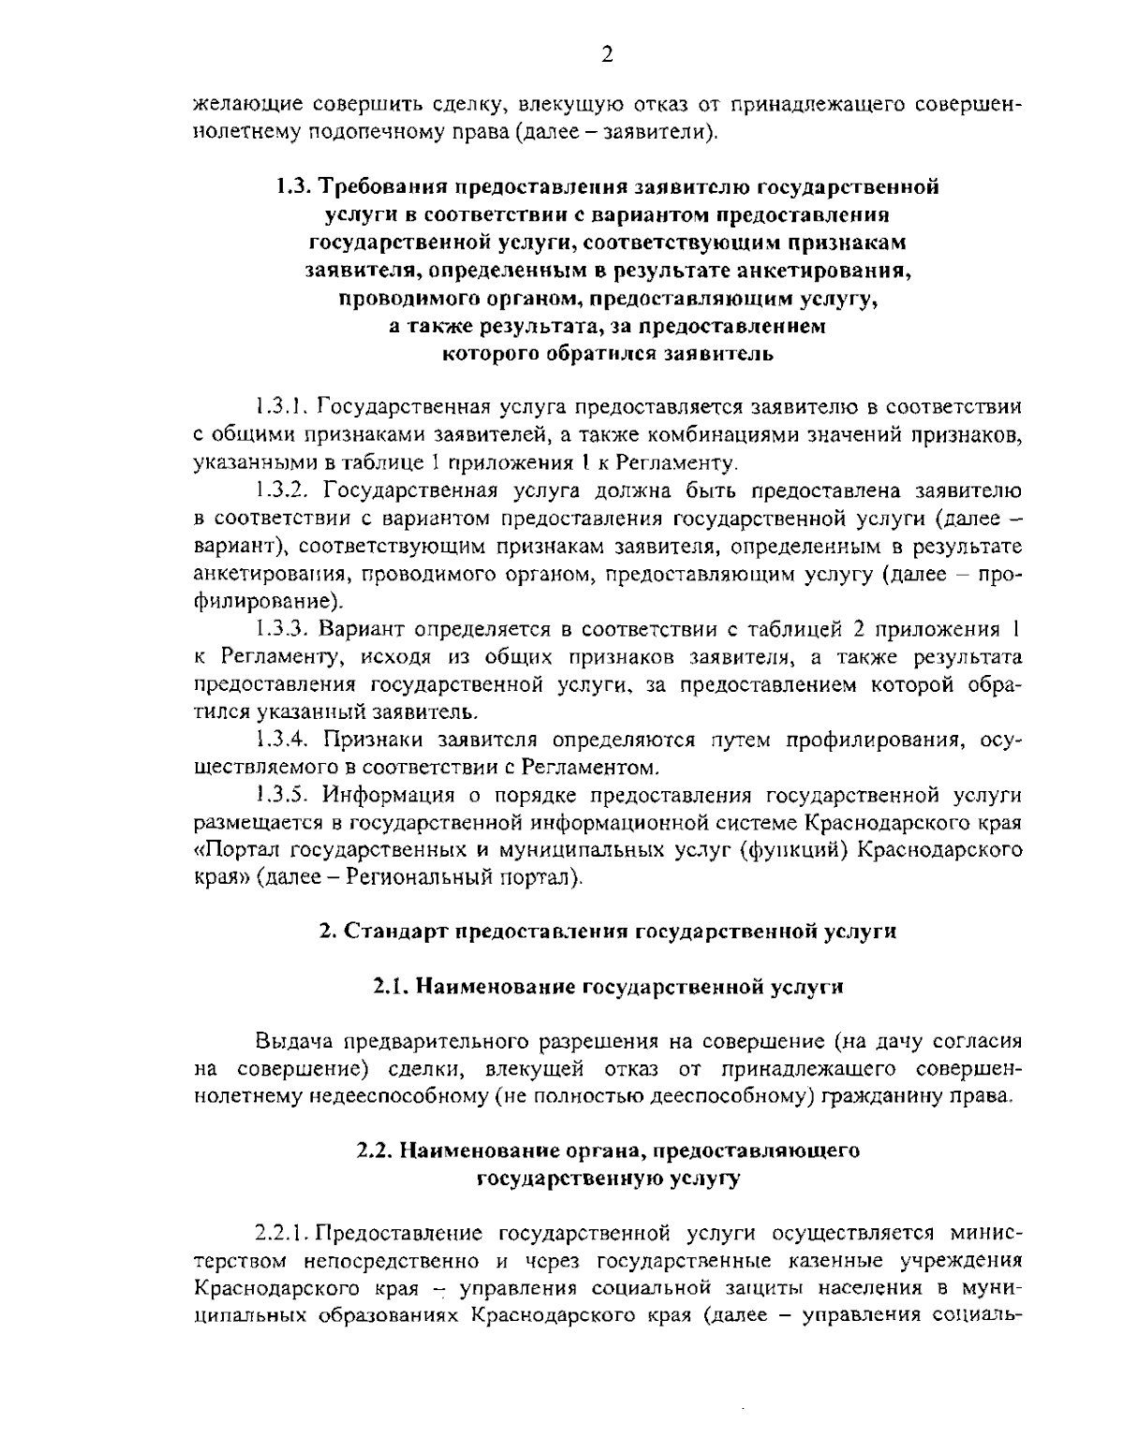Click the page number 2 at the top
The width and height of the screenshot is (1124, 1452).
(607, 55)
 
